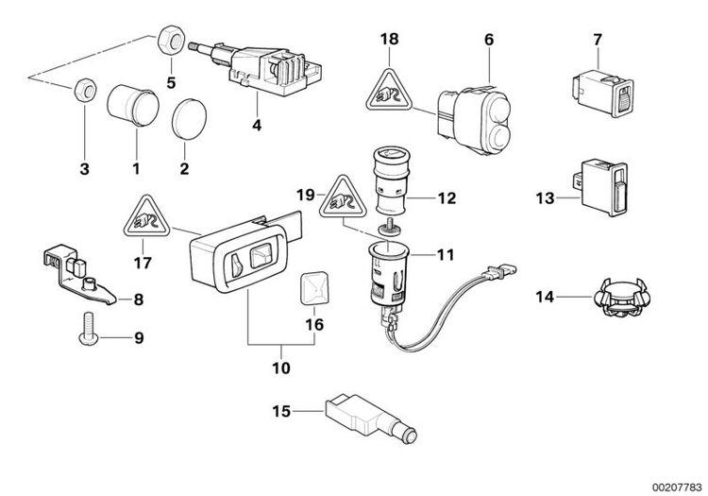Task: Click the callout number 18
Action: coord(390,39)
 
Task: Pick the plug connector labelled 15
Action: coord(360,416)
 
